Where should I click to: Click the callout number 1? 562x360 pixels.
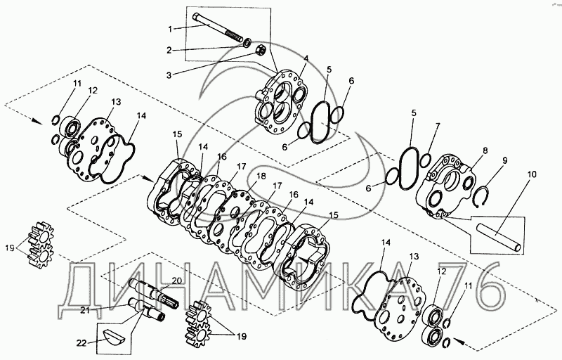170,29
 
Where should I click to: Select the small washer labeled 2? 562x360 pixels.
247,44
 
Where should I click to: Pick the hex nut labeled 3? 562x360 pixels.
261,51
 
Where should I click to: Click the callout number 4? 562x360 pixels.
306,58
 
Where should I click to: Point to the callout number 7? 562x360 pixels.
437,127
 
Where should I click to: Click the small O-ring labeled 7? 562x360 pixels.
425,160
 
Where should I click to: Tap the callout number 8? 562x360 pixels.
485,150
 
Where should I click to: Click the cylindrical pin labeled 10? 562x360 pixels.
498,237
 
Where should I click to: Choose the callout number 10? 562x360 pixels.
532,174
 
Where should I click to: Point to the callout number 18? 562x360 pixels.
261,176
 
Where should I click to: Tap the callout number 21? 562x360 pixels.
84,311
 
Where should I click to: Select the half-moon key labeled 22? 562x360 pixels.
113,337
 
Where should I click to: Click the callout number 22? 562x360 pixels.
81,343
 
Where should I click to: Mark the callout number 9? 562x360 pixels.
504,160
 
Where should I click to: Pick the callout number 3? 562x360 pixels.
169,75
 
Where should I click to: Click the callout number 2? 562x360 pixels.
169,50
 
